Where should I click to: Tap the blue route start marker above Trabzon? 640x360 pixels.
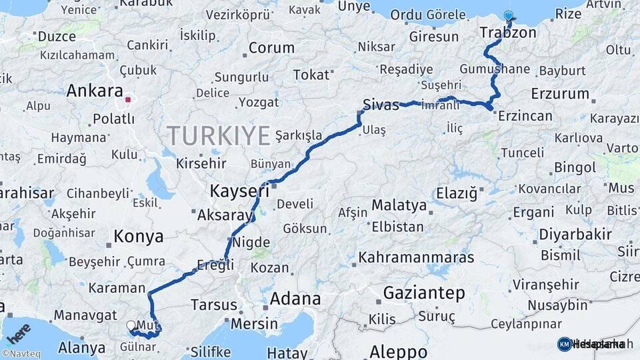tap(509, 16)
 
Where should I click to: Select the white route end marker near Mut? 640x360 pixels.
tap(131, 325)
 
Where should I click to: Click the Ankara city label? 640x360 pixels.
tap(95, 91)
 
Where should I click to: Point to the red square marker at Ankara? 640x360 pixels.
tap(127, 100)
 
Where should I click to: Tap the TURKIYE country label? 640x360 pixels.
tap(218, 135)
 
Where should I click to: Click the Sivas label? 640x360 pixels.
tap(381, 105)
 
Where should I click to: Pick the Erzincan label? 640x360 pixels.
tap(527, 116)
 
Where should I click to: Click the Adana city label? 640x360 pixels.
tap(295, 299)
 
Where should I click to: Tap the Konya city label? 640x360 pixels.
tap(138, 236)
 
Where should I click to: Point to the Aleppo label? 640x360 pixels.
tap(398, 351)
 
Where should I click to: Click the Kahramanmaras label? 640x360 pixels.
tap(416, 257)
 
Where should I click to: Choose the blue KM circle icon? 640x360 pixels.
tap(564, 344)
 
